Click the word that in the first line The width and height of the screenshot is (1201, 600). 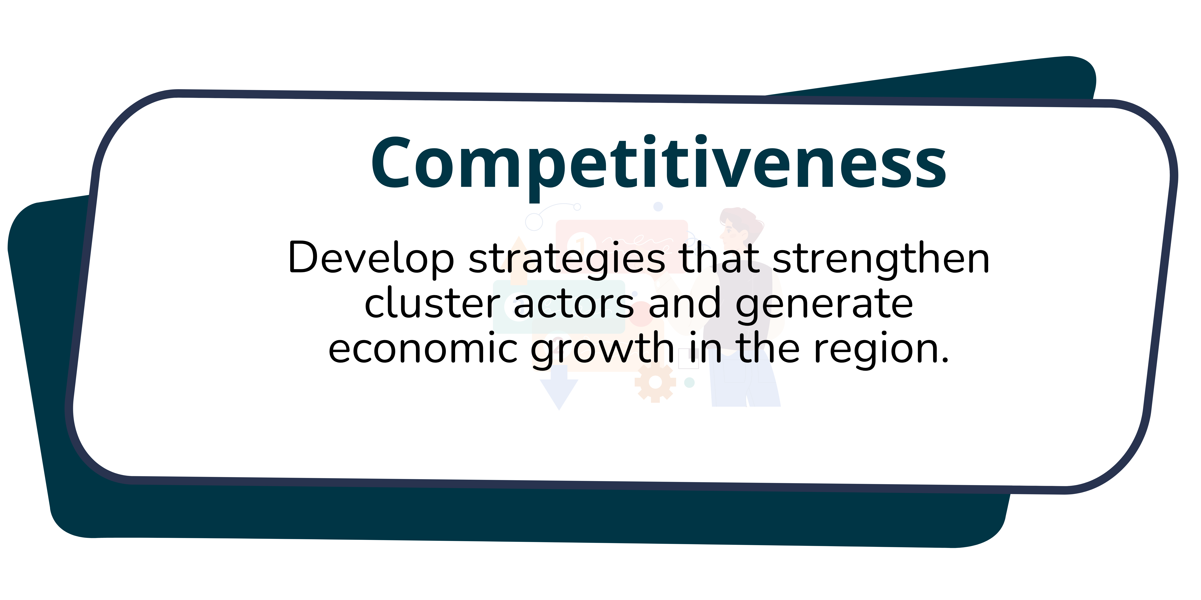pos(718,258)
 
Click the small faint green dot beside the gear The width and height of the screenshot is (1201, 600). pos(689,382)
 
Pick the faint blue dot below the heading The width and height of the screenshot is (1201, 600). pos(658,206)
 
